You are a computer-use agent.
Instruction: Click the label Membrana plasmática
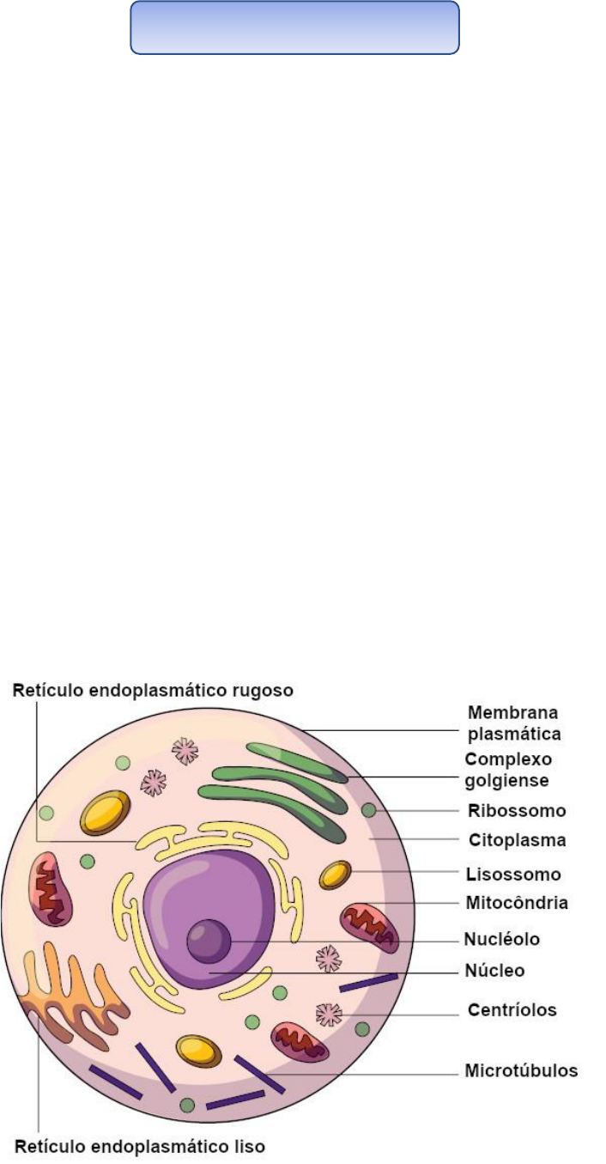pyautogui.click(x=513, y=723)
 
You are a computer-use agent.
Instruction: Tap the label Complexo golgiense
pyautogui.click(x=508, y=770)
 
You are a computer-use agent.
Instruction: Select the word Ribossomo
pyautogui.click(x=516, y=810)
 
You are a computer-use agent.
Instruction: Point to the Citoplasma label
pyautogui.click(x=515, y=838)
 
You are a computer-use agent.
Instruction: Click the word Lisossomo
pyautogui.click(x=513, y=875)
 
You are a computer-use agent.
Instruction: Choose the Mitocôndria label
pyautogui.click(x=517, y=903)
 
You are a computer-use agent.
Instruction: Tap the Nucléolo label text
pyautogui.click(x=502, y=939)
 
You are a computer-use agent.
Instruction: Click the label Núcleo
pyautogui.click(x=494, y=971)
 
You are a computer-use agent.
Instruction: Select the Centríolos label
pyautogui.click(x=510, y=1009)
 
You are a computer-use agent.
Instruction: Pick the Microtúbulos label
pyautogui.click(x=521, y=1070)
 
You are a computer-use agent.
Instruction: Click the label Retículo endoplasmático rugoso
pyautogui.click(x=154, y=690)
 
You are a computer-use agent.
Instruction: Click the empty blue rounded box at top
pyautogui.click(x=294, y=27)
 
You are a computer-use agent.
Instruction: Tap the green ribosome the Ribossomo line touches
pyautogui.click(x=369, y=810)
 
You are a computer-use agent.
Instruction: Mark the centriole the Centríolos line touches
pyautogui.click(x=329, y=1015)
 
